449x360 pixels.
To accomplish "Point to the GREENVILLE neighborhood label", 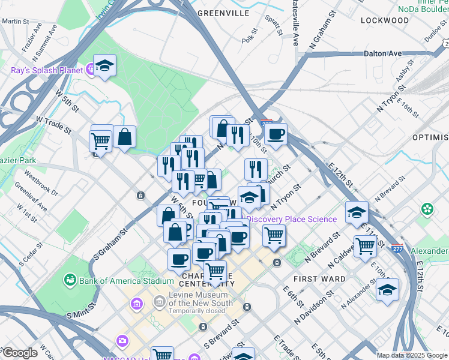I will pyautogui.click(x=223, y=13).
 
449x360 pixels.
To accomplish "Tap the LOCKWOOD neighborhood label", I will pyautogui.click(x=385, y=20).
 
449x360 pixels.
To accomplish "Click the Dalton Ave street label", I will pyautogui.click(x=382, y=53).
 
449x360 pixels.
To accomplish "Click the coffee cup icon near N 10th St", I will pyautogui.click(x=276, y=134).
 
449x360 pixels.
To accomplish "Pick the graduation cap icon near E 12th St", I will pyautogui.click(x=357, y=212).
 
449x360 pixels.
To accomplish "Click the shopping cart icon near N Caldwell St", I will pyautogui.click(x=365, y=245).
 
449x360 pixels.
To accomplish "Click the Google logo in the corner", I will pyautogui.click(x=19, y=353).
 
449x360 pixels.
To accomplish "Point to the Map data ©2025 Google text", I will pyautogui.click(x=411, y=355).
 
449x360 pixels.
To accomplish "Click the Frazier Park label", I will pyautogui.click(x=18, y=161).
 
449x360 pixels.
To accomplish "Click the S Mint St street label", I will pyautogui.click(x=78, y=314).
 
